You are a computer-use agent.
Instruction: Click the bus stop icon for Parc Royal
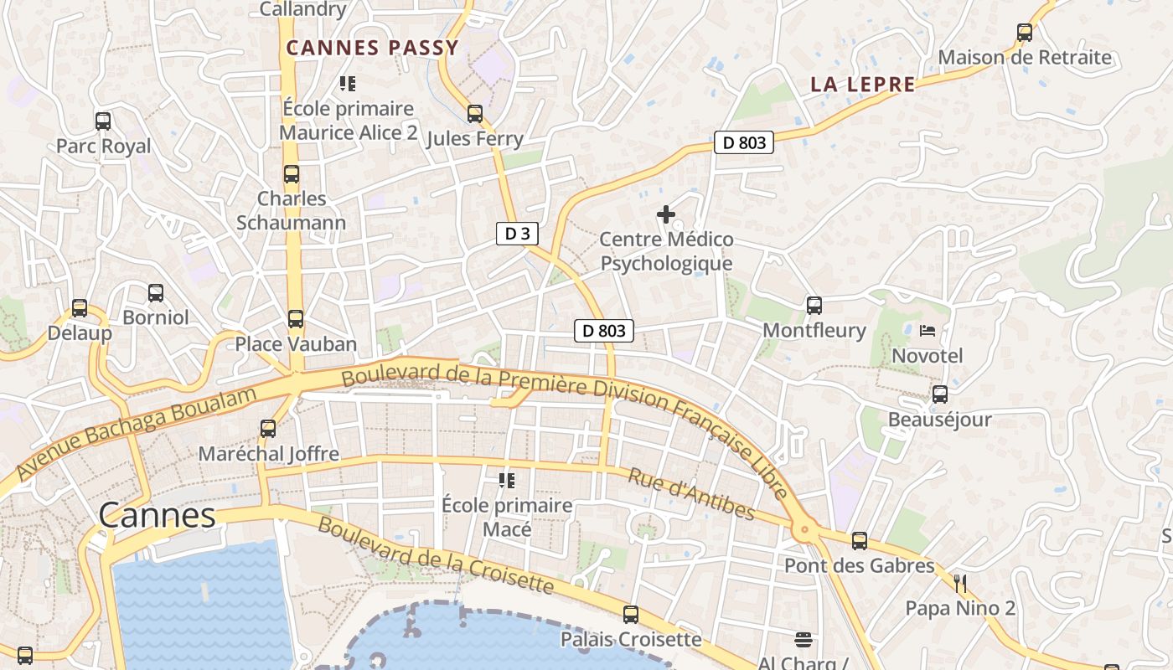[x=103, y=121]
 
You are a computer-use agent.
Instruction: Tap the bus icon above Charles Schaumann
[x=292, y=174]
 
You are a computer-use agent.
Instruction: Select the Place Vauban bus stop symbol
[x=296, y=319]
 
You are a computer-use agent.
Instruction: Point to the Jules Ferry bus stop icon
[x=475, y=114]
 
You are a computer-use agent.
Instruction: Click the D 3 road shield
[x=517, y=234]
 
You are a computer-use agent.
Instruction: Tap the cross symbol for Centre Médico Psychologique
[x=666, y=214]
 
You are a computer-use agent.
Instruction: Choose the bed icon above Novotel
[x=928, y=331]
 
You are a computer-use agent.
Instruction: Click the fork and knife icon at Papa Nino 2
[x=961, y=583]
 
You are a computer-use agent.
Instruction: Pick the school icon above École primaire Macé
[x=507, y=481]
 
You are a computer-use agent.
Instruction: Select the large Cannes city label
[x=158, y=515]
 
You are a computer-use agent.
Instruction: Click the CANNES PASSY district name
[x=373, y=48]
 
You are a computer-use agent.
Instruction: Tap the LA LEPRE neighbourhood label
[x=863, y=85]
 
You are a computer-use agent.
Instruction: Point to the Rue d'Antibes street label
[x=691, y=494]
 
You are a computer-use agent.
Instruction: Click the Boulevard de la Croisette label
[x=435, y=555]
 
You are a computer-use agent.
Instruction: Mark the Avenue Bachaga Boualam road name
[x=136, y=433]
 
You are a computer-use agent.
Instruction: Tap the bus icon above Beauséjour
[x=940, y=394]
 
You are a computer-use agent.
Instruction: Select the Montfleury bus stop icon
[x=814, y=306]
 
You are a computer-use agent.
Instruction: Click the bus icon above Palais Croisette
[x=631, y=615]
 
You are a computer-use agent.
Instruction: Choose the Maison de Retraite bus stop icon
[x=1025, y=33]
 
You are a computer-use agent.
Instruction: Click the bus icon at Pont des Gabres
[x=860, y=541]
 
